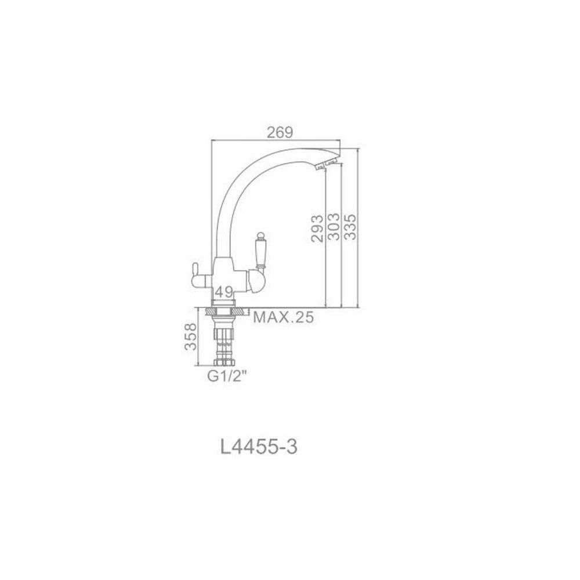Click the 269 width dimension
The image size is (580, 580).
coord(280,132)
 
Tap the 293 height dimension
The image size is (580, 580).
coord(317,228)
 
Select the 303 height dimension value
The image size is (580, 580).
coord(333,226)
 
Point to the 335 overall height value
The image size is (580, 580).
coord(350,226)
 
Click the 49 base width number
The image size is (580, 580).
coord(224,292)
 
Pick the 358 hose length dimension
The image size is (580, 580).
coord(191,336)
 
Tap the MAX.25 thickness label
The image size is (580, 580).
coord(284,317)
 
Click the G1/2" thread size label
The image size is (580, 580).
coord(227,376)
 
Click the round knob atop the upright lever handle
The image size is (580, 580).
coord(261,235)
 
